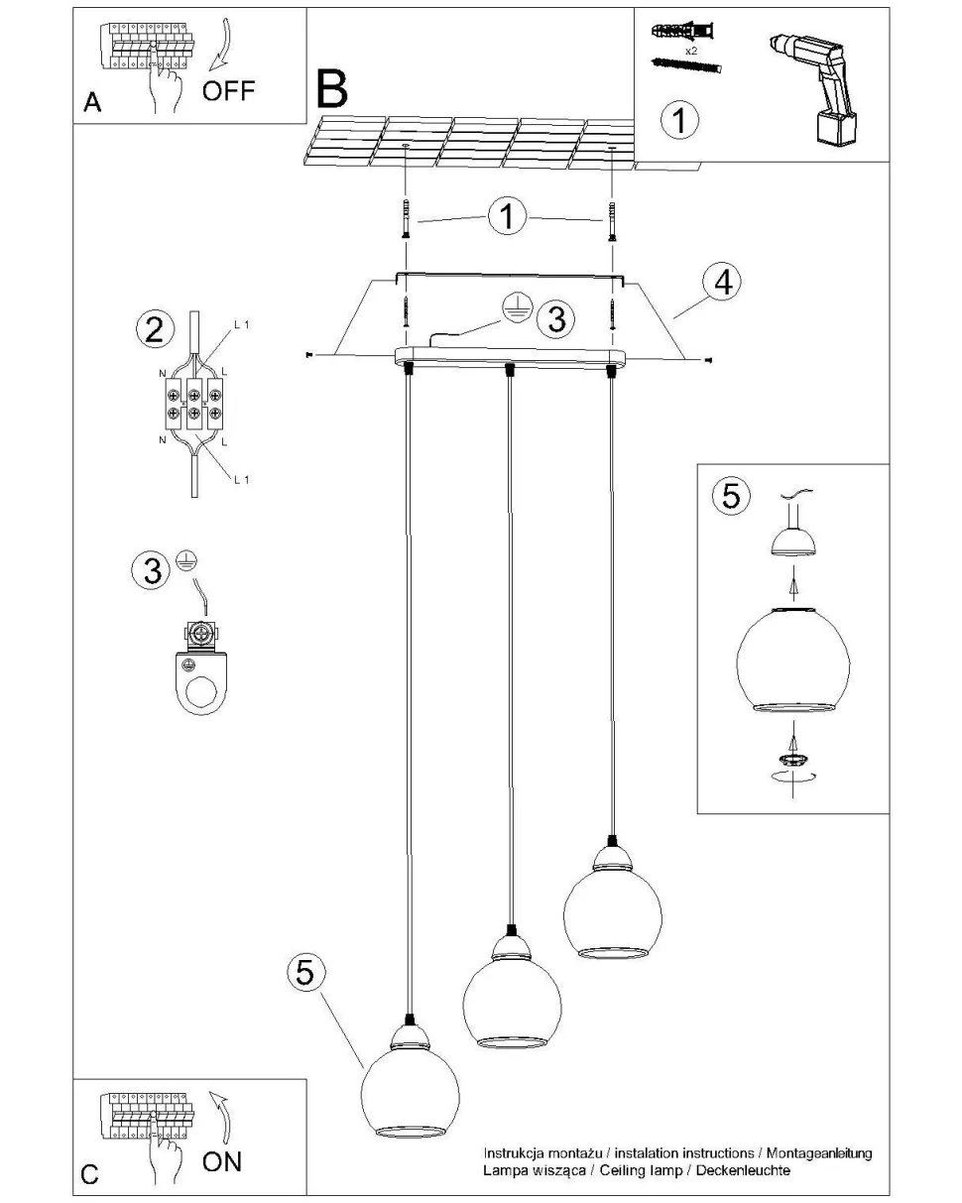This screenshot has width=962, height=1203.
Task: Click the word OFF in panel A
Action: pyautogui.click(x=228, y=92)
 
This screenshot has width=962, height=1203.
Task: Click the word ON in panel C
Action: pyautogui.click(x=221, y=1161)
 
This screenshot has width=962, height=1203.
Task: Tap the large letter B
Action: pyautogui.click(x=332, y=88)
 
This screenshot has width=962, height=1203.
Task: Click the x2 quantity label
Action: pyautogui.click(x=691, y=48)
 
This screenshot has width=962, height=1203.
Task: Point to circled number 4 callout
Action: pyautogui.click(x=723, y=283)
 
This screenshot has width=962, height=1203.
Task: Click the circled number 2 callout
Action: pyautogui.click(x=154, y=328)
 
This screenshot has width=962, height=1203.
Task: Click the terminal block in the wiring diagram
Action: pyautogui.click(x=193, y=402)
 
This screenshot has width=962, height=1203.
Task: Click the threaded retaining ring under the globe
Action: pyautogui.click(x=791, y=758)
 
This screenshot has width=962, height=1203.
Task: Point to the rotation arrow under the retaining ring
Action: pyautogui.click(x=790, y=779)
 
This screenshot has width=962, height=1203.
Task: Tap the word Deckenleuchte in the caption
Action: pyautogui.click(x=744, y=1171)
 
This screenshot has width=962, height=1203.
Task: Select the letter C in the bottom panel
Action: pyautogui.click(x=89, y=1174)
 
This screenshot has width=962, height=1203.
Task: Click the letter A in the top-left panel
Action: pyautogui.click(x=92, y=103)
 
